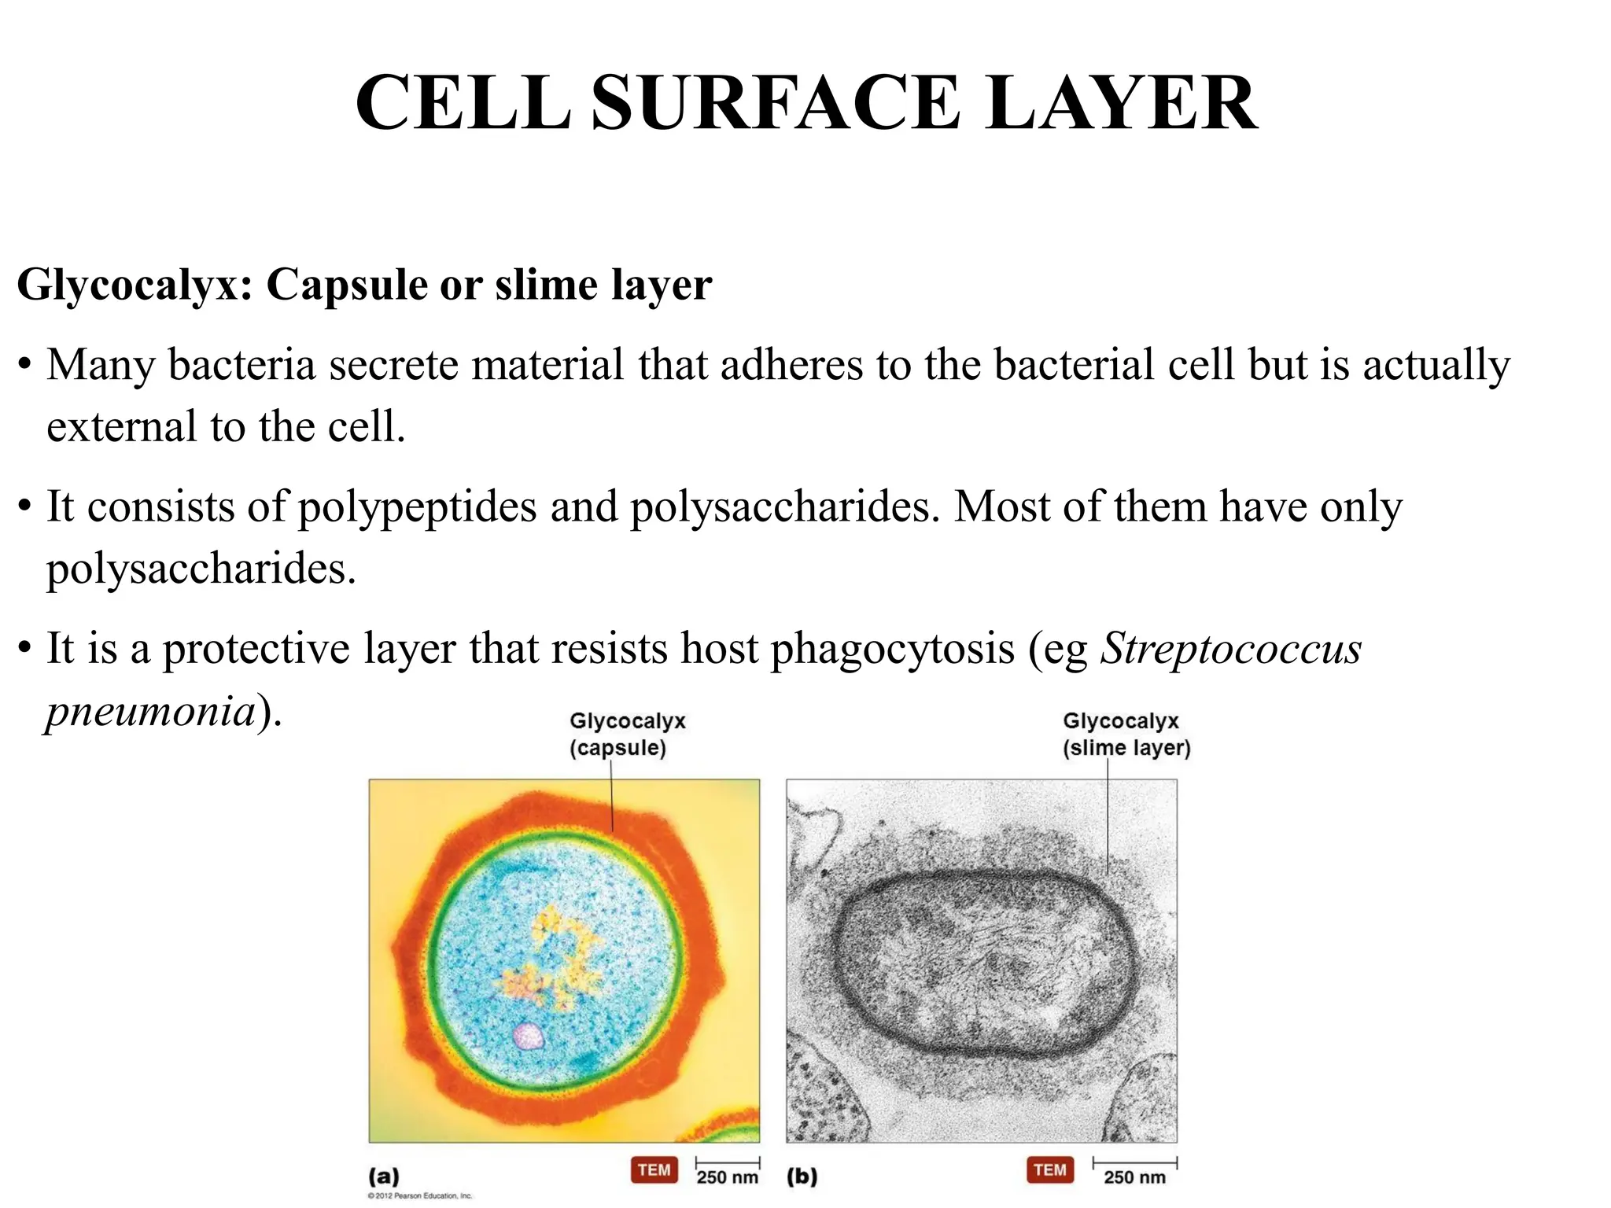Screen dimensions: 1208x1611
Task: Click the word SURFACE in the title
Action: coord(775,103)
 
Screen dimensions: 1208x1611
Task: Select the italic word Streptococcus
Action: coord(1230,649)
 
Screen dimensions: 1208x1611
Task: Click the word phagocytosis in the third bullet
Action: coord(892,649)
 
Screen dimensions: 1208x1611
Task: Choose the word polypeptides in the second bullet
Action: coord(417,507)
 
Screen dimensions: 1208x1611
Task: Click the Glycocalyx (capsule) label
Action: coord(627,734)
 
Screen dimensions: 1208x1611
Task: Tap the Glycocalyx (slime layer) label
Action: coord(1126,734)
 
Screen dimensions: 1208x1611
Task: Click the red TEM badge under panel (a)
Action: coord(654,1169)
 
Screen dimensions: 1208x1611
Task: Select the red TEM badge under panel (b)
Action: coord(1050,1169)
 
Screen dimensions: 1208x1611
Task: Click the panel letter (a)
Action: coord(384,1177)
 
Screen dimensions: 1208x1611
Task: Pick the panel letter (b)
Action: coord(802,1177)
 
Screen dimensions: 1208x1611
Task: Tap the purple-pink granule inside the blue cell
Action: coord(528,1036)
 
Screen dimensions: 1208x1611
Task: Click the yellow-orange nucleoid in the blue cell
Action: coord(555,959)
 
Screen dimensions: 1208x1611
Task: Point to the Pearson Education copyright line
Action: coord(419,1196)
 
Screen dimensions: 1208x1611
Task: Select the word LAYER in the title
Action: coord(1121,103)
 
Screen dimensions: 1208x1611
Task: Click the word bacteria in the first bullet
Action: coord(241,366)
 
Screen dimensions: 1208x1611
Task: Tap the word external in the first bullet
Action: coord(122,427)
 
